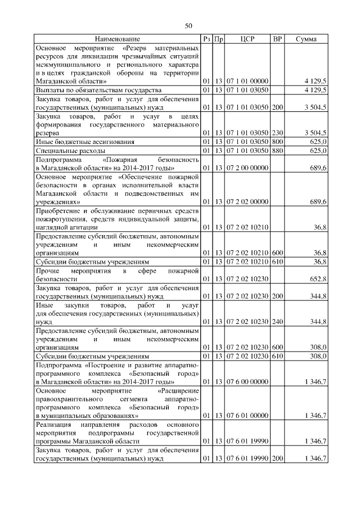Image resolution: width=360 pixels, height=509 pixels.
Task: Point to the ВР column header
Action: [277, 39]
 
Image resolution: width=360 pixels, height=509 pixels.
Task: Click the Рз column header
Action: [206, 39]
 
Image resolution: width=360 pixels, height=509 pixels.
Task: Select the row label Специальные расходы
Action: [70, 151]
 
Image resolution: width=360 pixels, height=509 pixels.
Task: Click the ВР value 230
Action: [277, 133]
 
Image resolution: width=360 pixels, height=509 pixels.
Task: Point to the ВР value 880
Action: [277, 151]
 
